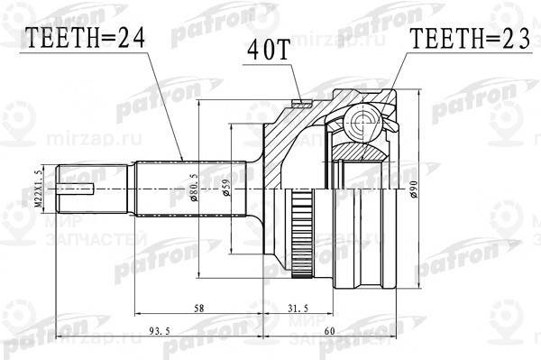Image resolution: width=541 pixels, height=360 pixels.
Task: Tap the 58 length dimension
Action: (197, 309)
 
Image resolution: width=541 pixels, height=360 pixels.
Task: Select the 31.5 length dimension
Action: (298, 309)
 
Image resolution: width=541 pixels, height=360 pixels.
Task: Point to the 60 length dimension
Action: (329, 331)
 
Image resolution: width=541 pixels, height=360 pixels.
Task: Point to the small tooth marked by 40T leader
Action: (299, 100)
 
